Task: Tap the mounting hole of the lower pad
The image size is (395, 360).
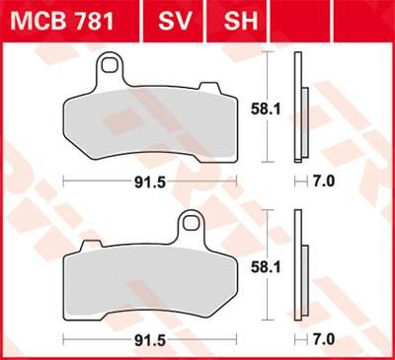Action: tap(187, 225)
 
